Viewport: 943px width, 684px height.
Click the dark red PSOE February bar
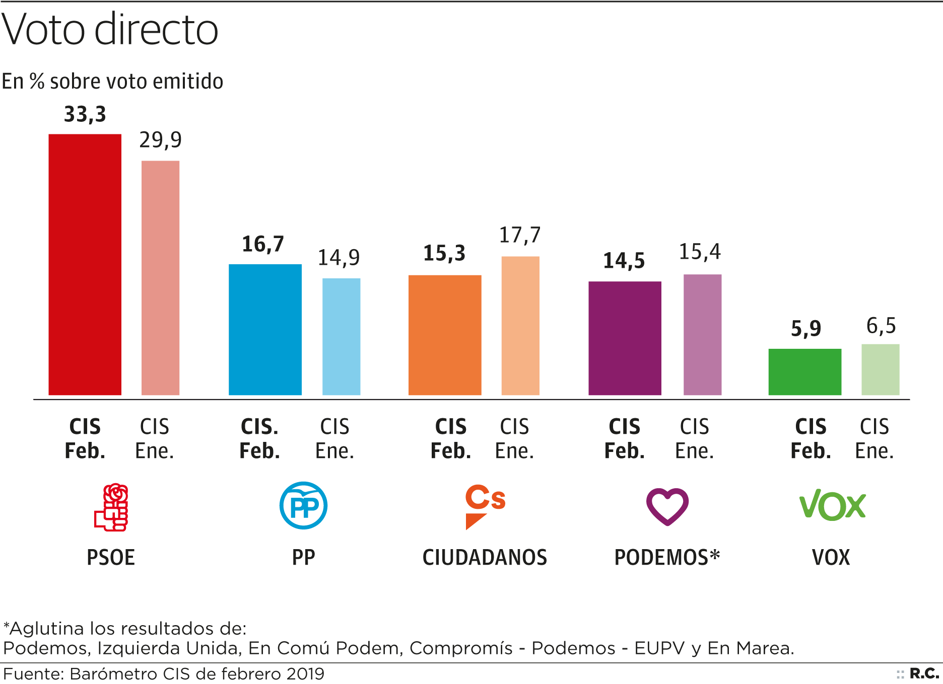(85, 264)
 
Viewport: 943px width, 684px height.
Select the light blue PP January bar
(341, 336)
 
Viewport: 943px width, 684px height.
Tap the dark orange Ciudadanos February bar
(444, 335)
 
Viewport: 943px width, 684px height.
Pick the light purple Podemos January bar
(702, 334)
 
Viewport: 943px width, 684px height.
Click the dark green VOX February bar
(804, 371)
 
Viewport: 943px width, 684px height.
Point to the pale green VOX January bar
(880, 369)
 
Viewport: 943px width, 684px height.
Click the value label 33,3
(85, 115)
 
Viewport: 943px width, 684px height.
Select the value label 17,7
(519, 235)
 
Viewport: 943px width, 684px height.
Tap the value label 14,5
(624, 261)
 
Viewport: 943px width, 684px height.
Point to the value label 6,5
(881, 326)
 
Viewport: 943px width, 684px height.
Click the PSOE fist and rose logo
(111, 507)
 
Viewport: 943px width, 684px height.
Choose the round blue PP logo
(303, 505)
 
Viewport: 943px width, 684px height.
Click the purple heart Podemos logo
(667, 506)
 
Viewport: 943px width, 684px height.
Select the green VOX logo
(832, 505)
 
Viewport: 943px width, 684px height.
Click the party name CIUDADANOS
(485, 558)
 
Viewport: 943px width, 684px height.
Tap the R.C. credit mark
(924, 673)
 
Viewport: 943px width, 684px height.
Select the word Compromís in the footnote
(461, 648)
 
